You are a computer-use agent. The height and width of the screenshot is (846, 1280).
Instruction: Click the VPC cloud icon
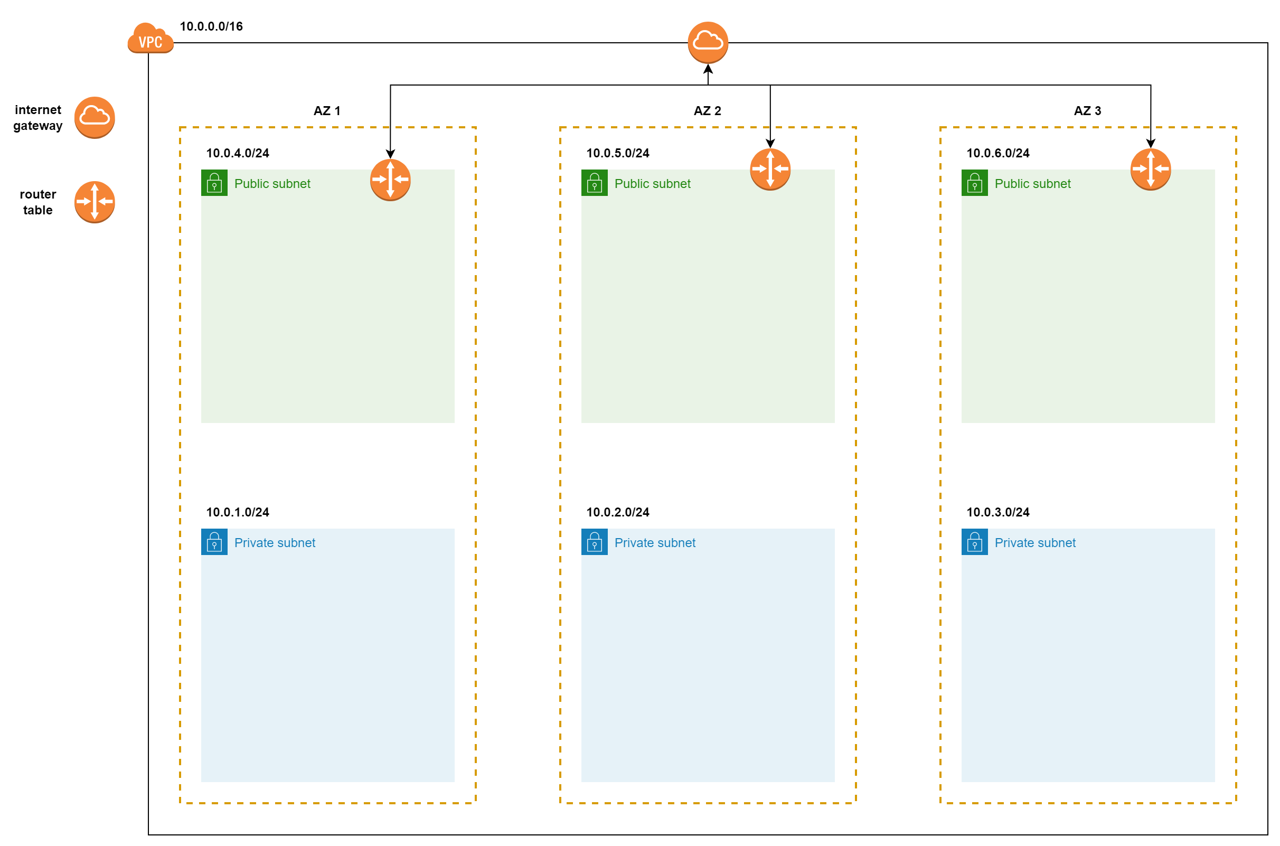tap(150, 38)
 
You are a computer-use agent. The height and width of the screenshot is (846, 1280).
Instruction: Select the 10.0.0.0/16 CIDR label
tap(211, 26)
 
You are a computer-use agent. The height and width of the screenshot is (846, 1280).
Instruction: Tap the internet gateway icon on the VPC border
tap(708, 43)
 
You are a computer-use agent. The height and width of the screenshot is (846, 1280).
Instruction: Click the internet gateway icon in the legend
tap(95, 118)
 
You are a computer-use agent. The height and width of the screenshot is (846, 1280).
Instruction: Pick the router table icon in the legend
tap(95, 202)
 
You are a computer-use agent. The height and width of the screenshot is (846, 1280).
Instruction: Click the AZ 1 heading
tap(327, 110)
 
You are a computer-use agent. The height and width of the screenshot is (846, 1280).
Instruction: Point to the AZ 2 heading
tap(708, 110)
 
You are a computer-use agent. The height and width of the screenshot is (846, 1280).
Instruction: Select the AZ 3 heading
tap(1088, 110)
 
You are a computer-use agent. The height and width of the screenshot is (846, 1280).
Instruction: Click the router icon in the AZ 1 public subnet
tap(391, 180)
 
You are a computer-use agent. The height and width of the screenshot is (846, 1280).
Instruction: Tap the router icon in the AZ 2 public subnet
tap(771, 170)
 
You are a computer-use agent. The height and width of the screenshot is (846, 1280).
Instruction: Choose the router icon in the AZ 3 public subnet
tap(1151, 170)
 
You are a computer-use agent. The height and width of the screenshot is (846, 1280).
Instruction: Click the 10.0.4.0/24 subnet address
tap(238, 153)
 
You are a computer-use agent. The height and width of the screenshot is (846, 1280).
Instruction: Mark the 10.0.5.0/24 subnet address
tap(618, 153)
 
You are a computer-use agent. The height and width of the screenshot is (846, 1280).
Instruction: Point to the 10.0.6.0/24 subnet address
tap(999, 153)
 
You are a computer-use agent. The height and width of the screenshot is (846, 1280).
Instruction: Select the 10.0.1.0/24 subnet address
tap(238, 513)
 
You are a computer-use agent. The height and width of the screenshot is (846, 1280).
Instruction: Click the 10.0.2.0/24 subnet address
tap(618, 513)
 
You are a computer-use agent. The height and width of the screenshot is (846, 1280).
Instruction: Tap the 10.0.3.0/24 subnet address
tap(999, 513)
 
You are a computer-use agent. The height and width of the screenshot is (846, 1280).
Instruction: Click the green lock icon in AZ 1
tap(215, 183)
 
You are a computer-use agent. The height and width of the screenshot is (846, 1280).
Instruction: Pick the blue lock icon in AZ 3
tap(975, 542)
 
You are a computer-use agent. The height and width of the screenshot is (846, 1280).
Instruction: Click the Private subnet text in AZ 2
tap(655, 543)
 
